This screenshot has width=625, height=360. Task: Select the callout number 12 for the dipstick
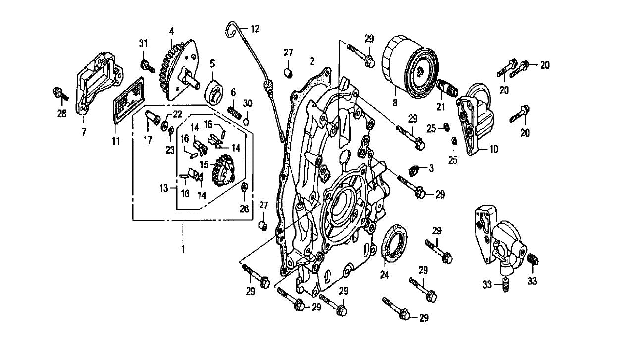pyautogui.click(x=254, y=29)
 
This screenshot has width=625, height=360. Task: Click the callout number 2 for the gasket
pyautogui.click(x=312, y=61)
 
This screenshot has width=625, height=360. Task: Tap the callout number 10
pyautogui.click(x=494, y=149)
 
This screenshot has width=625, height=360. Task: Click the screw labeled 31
pyautogui.click(x=145, y=65)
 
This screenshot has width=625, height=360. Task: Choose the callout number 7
pyautogui.click(x=83, y=132)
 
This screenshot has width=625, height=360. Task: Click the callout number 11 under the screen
pyautogui.click(x=115, y=142)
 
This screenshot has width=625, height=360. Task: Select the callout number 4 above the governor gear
pyautogui.click(x=171, y=31)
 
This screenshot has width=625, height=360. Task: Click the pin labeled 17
pyautogui.click(x=151, y=118)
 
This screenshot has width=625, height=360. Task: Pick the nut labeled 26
pyautogui.click(x=244, y=188)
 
